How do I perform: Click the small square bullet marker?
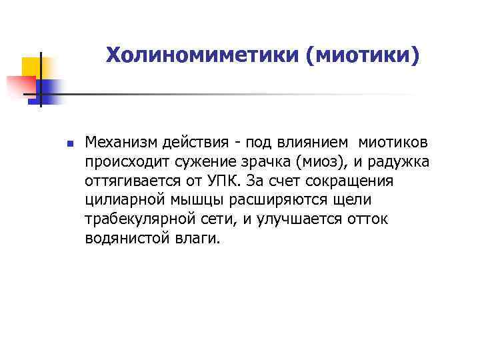[x=69, y=143]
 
